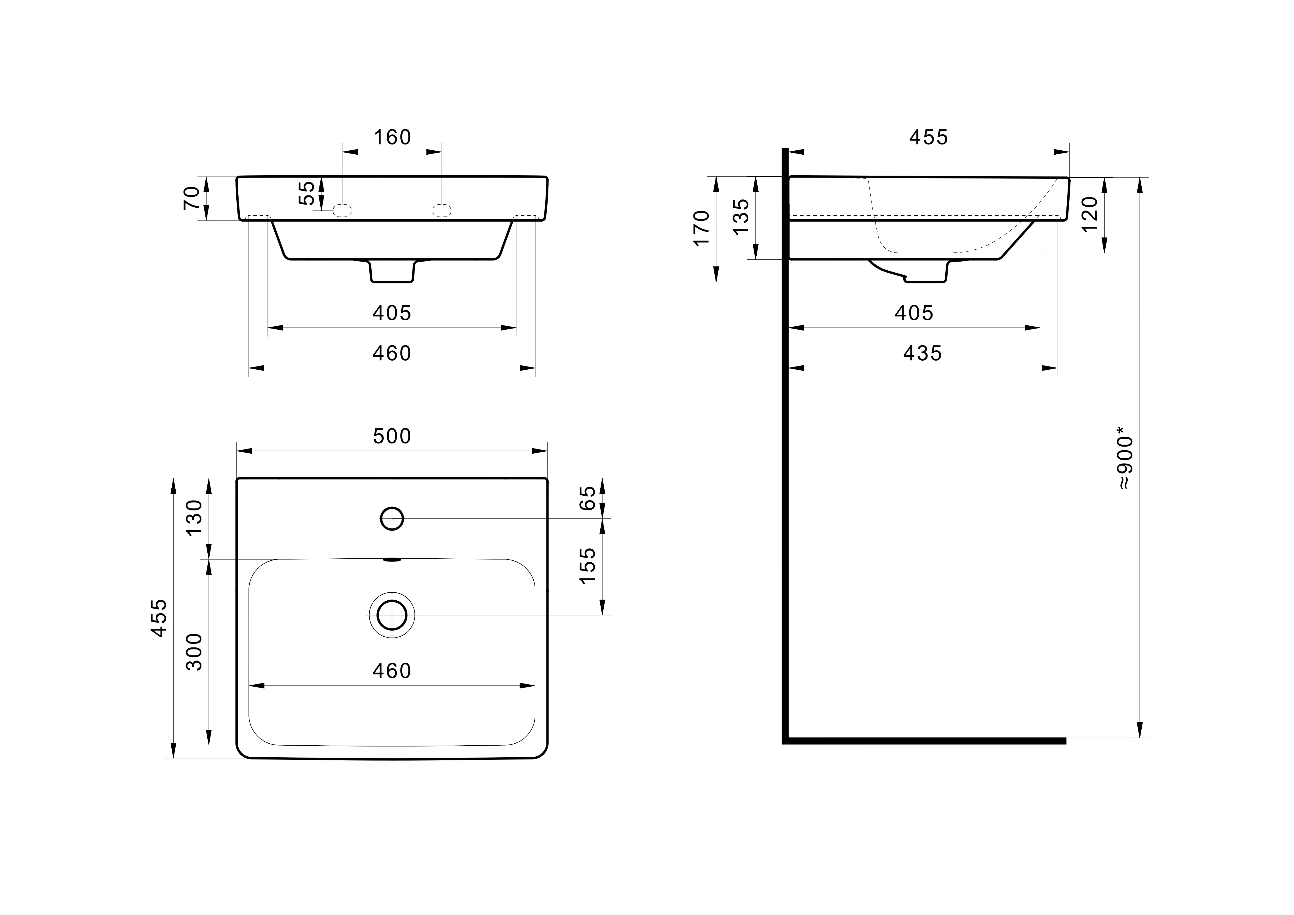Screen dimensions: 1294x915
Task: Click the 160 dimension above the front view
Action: pos(392,137)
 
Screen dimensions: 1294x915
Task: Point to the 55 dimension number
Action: pos(306,193)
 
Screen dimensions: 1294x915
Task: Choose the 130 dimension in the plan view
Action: pos(194,518)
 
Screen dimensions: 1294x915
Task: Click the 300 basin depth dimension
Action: pos(194,652)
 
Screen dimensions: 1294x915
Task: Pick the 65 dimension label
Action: pos(587,498)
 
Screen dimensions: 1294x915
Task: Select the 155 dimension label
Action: pos(587,565)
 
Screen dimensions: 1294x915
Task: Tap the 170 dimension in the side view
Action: pos(701,228)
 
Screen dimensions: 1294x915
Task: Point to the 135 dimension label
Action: pos(741,216)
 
